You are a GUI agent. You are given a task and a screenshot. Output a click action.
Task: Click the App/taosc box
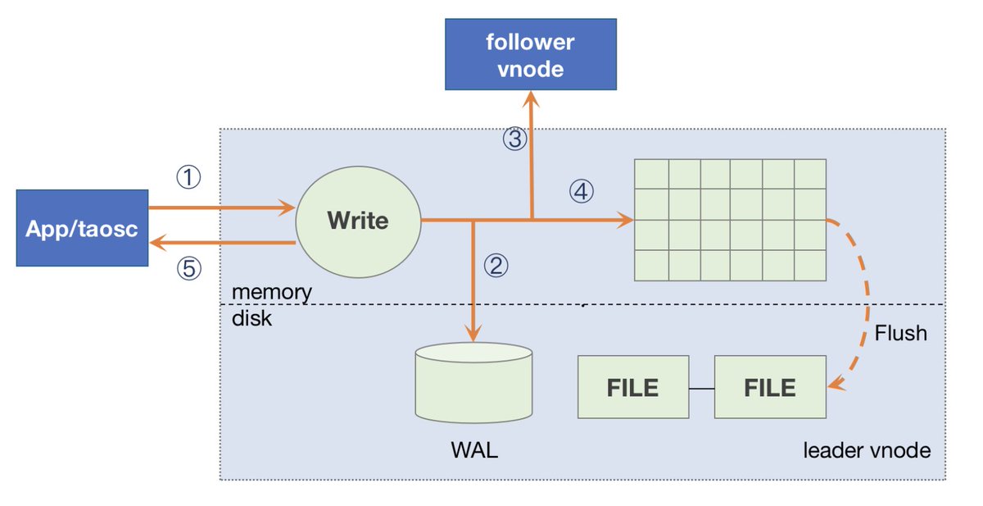[82, 228]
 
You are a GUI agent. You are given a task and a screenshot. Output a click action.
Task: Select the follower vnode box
[531, 55]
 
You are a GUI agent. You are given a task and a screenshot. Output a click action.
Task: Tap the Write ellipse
[357, 221]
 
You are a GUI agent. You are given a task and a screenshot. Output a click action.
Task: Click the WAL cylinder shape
[473, 385]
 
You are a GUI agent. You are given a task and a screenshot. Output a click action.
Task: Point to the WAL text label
[473, 452]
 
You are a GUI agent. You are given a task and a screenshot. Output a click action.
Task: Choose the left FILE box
[632, 387]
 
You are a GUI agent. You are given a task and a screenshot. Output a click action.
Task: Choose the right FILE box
[769, 387]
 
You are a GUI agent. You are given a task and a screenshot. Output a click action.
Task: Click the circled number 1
[189, 176]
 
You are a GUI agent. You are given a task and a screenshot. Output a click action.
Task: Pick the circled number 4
[580, 191]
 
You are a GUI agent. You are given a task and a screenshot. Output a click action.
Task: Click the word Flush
[900, 333]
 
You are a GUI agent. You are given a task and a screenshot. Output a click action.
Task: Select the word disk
[251, 319]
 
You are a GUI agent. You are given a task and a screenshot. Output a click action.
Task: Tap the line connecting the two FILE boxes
[700, 388]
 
